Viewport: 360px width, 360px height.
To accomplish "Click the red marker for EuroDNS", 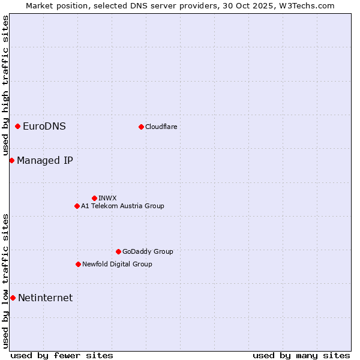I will point(18,126).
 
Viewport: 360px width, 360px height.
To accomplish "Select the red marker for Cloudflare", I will point(141,127).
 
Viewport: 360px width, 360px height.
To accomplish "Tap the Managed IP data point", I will point(11,160).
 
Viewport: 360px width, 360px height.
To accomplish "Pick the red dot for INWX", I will point(94,198).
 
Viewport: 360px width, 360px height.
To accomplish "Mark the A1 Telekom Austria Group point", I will point(77,206).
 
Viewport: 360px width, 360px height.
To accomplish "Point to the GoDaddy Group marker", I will point(118,251).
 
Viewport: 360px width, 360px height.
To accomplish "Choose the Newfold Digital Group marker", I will point(78,264).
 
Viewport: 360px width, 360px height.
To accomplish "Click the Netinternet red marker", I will point(13,298).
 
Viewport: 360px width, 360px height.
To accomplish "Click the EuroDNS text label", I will point(44,126).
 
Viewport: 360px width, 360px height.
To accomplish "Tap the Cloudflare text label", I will point(161,127).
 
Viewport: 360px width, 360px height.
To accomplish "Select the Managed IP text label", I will point(45,160).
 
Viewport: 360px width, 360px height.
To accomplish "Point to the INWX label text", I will point(107,198).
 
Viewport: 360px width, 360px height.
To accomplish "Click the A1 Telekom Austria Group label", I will point(122,206).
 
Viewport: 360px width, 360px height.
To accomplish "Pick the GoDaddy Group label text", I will point(148,251).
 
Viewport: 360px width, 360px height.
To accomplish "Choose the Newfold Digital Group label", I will point(117,264).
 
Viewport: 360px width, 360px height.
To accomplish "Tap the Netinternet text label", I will point(46,298).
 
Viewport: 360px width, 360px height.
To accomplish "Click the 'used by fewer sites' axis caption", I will point(62,355).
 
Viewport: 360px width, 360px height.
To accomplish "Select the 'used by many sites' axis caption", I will point(301,355).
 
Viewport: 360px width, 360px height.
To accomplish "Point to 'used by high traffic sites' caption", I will point(5,85).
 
